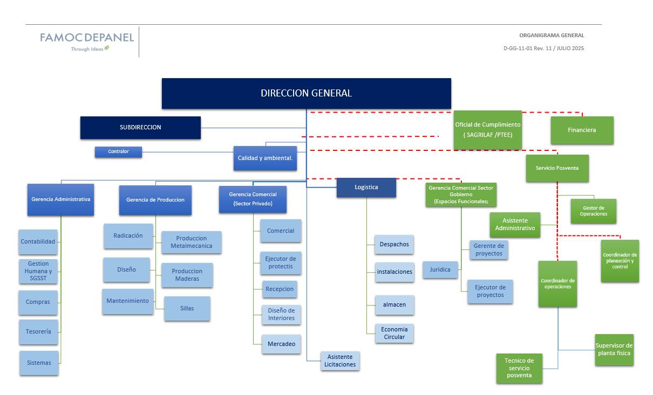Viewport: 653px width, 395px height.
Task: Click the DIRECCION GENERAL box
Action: [x=306, y=93]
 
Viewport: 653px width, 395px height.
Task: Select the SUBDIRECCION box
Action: [x=140, y=128]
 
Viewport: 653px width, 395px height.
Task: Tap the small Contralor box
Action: [x=118, y=152]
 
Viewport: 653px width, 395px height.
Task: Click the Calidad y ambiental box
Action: [x=265, y=158]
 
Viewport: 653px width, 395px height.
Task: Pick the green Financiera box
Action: [x=582, y=130]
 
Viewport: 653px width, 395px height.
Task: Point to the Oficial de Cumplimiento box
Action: [x=488, y=130]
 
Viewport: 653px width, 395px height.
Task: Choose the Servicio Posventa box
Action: [x=557, y=168]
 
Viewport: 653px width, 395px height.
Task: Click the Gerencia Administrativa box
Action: [x=61, y=199]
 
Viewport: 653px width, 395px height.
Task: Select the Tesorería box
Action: [x=38, y=332]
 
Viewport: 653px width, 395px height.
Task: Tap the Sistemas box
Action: [x=39, y=363]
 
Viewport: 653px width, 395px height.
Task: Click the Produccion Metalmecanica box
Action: [x=191, y=242]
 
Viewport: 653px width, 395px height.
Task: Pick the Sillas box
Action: [x=187, y=309]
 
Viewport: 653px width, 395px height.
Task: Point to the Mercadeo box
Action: [x=281, y=344]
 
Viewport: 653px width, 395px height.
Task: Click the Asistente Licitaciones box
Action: [x=340, y=361]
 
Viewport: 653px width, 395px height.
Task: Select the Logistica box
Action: [x=366, y=188]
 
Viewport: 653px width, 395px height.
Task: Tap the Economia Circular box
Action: [x=394, y=333]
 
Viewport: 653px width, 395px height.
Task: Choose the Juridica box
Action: [x=440, y=270]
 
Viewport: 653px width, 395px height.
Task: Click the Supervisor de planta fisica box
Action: [x=614, y=350]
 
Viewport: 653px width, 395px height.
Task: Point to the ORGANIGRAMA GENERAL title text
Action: [x=552, y=36]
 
